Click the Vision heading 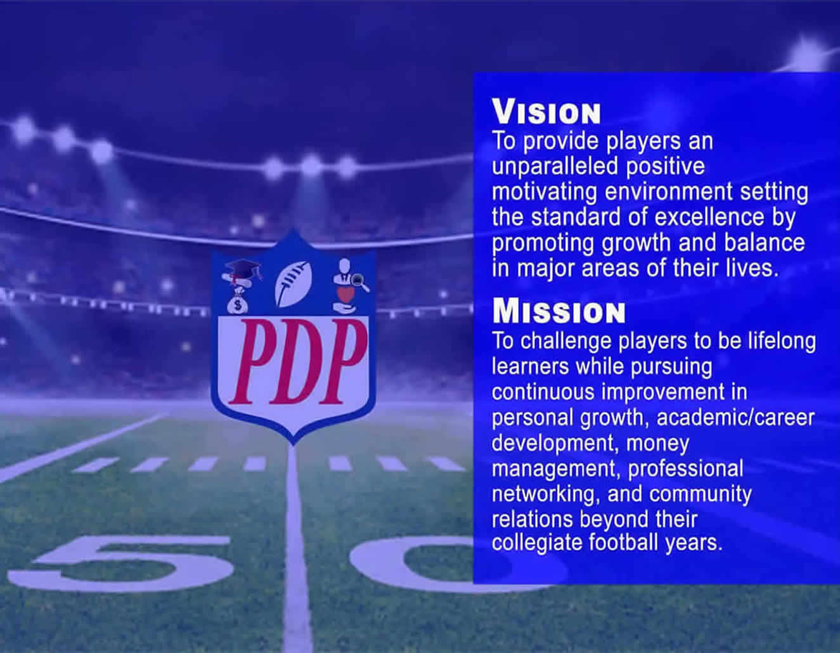(546, 112)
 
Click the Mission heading (559, 312)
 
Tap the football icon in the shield (293, 285)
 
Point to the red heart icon (346, 295)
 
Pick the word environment (668, 192)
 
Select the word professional (686, 469)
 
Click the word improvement (662, 392)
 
